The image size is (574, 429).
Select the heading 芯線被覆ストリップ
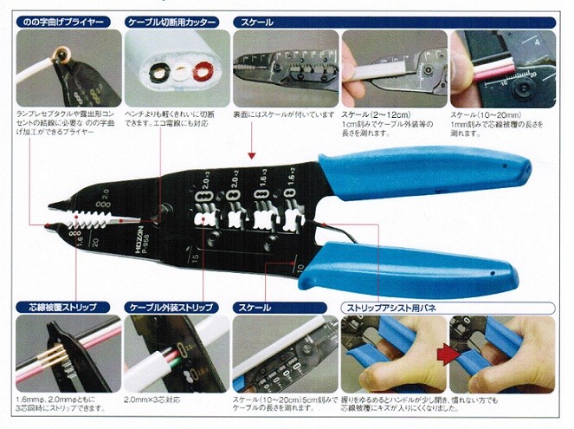click(63, 308)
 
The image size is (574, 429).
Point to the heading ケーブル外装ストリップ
click(173, 308)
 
